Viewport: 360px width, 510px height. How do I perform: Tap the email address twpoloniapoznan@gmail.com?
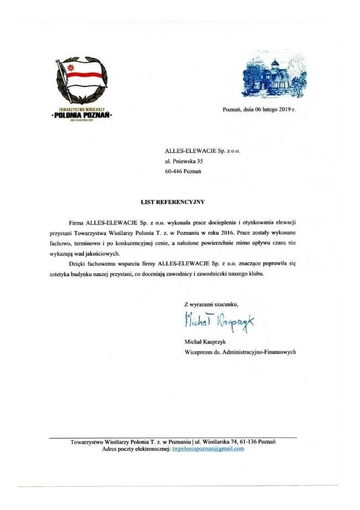pos(208,449)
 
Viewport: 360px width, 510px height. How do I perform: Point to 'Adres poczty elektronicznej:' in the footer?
pos(136,449)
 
